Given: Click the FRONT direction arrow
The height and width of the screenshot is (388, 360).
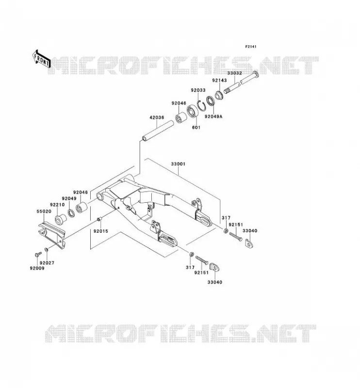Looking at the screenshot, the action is (42, 59).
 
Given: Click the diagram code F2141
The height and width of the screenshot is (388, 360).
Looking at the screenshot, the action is (251, 47).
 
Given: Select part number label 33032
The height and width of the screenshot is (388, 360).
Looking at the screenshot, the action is (234, 73).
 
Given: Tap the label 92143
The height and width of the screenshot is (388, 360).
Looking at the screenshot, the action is (219, 81).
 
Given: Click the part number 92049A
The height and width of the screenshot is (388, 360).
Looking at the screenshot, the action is (213, 116).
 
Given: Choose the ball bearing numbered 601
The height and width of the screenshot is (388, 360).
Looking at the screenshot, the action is (192, 112).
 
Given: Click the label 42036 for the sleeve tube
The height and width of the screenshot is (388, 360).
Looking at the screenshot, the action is (157, 117).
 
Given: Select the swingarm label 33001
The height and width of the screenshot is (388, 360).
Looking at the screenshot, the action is (178, 164).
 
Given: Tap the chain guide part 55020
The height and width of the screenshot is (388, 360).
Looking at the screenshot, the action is (52, 235).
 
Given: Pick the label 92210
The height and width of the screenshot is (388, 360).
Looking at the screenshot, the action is (57, 205).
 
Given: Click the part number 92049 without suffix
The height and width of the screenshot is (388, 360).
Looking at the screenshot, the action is (69, 198).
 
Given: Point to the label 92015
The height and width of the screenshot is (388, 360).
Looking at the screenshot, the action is (101, 231).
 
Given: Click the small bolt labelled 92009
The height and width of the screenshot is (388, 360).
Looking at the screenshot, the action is (38, 254).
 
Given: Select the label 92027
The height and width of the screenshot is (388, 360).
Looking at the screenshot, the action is (47, 263).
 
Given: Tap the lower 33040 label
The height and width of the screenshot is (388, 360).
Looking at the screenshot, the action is (214, 282).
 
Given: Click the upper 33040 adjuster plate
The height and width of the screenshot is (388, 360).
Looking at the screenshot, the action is (249, 243).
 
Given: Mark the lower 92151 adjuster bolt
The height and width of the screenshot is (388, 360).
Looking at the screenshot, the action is (202, 260).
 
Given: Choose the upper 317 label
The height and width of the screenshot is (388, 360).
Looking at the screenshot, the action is (226, 218).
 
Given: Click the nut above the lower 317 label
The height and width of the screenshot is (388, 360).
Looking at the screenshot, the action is (191, 254).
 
